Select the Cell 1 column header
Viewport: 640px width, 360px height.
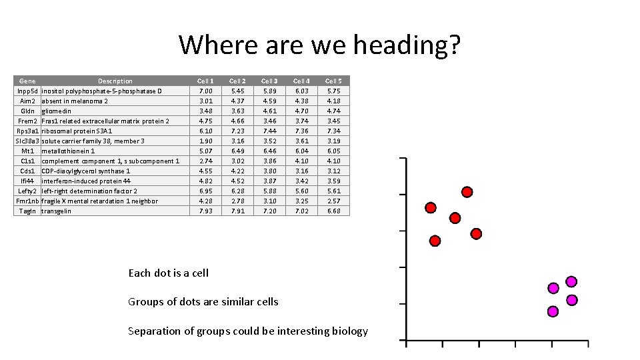(x=206, y=81)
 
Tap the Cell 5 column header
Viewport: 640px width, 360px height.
(x=333, y=81)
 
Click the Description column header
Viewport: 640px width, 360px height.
(x=115, y=81)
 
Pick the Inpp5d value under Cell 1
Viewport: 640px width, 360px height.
(x=206, y=91)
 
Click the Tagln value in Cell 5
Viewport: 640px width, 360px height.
(x=333, y=211)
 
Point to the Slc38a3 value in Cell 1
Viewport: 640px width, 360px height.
(x=206, y=141)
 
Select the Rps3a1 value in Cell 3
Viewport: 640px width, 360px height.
(x=269, y=131)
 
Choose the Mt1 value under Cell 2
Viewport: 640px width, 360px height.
(x=237, y=151)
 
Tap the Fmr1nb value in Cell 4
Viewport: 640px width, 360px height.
(x=301, y=201)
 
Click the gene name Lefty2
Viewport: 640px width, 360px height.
(x=27, y=191)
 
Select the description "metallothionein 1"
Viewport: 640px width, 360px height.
(x=68, y=151)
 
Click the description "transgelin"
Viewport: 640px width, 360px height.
(x=56, y=211)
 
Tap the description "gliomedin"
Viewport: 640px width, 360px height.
(x=56, y=111)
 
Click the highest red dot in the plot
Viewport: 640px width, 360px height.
(x=467, y=192)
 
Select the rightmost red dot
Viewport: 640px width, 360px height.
(x=476, y=233)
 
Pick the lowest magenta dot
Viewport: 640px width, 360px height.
(x=553, y=311)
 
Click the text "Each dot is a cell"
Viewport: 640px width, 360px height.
(x=168, y=273)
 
